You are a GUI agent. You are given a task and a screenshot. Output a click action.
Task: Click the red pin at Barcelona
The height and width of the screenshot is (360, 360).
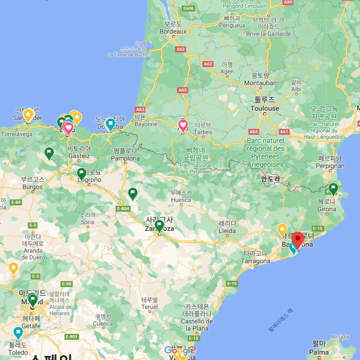pos(298,239)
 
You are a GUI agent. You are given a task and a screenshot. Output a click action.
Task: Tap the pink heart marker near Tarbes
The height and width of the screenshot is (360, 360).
pos(183,126)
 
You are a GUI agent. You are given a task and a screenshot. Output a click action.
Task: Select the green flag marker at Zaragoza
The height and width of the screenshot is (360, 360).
pos(159,226)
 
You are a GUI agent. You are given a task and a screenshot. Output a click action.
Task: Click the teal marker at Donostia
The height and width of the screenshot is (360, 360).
pos(110,124)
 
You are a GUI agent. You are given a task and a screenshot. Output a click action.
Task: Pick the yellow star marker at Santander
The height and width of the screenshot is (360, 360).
pos(28,115)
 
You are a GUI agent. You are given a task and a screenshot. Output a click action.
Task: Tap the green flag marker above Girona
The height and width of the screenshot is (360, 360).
pos(333,188)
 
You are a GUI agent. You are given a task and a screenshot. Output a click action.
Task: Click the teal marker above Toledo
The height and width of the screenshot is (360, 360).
pos(18,333)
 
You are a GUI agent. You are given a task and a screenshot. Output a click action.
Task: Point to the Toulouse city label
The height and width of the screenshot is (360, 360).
pos(265,108)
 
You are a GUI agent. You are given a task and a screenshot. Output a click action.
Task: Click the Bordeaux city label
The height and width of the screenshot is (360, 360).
pos(173,31)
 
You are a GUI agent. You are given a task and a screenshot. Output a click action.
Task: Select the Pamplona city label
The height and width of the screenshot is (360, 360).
pos(125,158)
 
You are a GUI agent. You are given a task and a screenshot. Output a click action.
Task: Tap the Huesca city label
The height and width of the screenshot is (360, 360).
pos(181,200)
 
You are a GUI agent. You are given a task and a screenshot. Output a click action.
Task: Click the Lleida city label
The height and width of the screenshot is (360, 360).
pos(227,231)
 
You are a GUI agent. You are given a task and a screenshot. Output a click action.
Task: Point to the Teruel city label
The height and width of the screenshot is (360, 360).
pos(149,307)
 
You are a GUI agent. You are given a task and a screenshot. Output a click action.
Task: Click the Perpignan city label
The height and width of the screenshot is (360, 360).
pos(331,166)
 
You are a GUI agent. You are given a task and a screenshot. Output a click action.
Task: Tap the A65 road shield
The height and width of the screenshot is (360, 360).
pos(182,90)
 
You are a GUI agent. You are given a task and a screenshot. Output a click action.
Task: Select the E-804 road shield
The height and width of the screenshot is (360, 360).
pos(123,209)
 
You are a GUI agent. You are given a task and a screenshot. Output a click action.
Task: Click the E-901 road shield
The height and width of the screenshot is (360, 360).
pos(71,337)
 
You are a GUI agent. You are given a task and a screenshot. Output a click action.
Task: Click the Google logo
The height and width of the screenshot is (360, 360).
pos(180,350)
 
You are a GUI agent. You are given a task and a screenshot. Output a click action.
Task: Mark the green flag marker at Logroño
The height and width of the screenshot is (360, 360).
pos(81,173)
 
